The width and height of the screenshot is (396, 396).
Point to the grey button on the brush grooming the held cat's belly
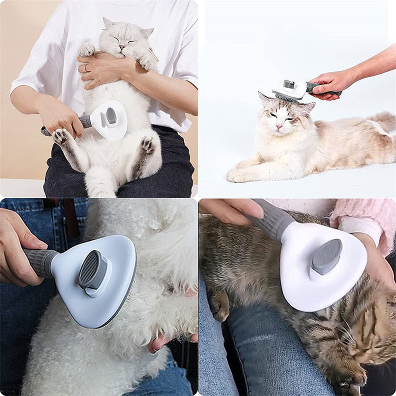[x=111, y=116]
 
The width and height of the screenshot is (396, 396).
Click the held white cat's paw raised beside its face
[x=86, y=49]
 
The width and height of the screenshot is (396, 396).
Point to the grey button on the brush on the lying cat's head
[x=289, y=84]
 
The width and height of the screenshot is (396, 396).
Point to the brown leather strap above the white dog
[x=71, y=218]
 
